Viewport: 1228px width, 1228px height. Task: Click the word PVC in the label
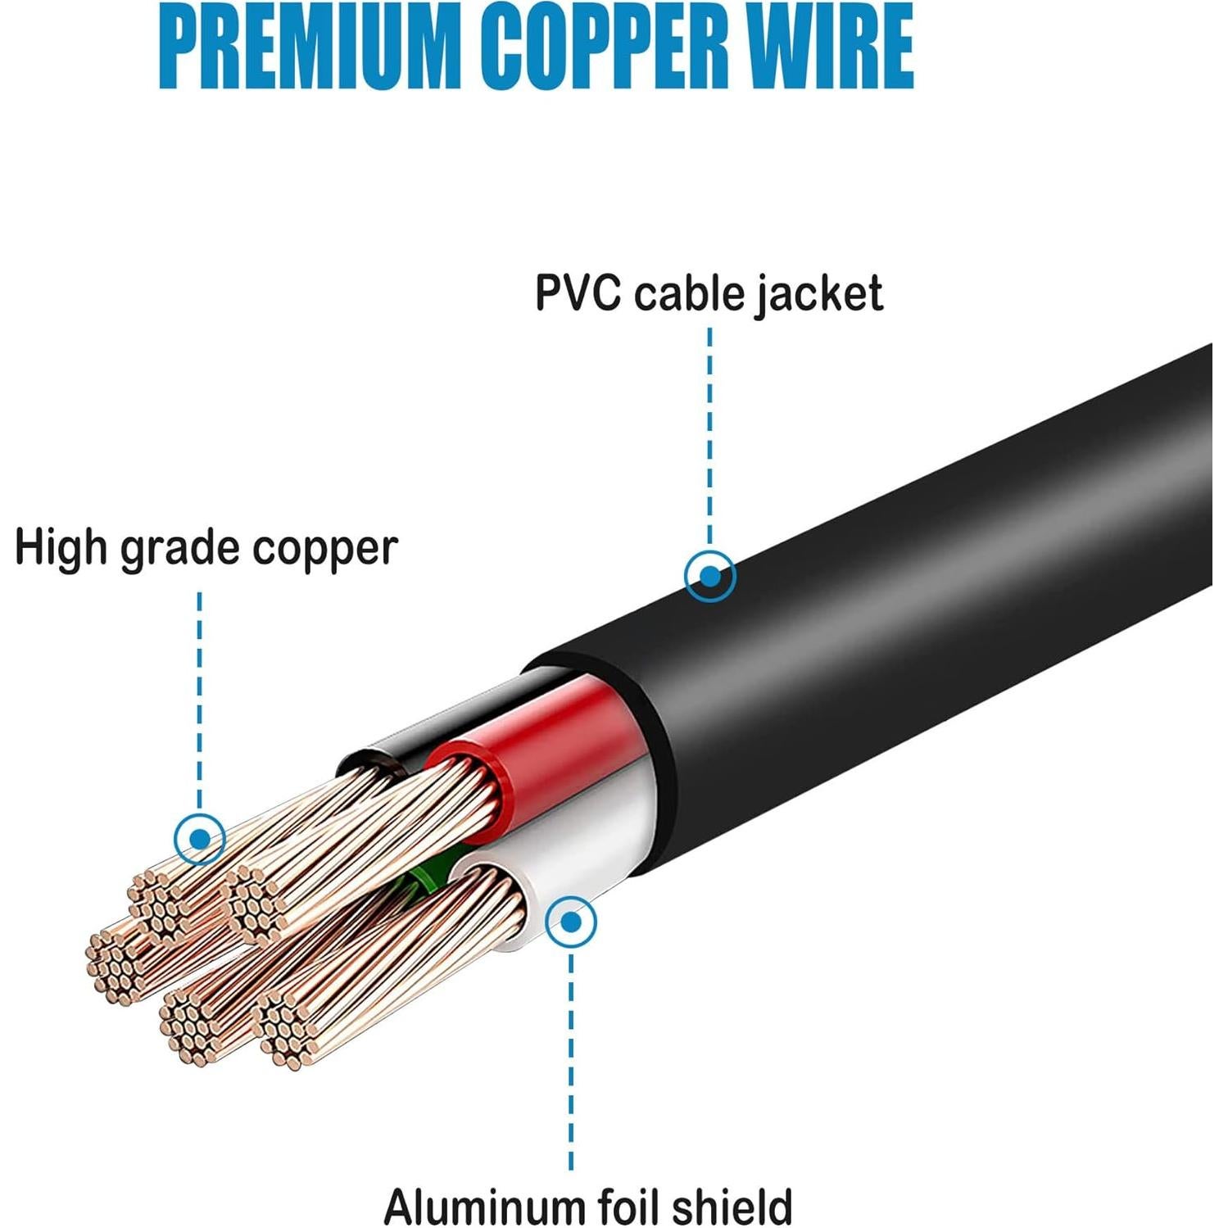[x=578, y=292]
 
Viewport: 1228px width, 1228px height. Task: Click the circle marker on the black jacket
[x=709, y=576]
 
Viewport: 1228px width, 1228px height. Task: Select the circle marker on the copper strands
[x=200, y=839]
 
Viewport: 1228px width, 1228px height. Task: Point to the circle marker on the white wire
[x=572, y=922]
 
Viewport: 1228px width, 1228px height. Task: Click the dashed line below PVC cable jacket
[x=709, y=434]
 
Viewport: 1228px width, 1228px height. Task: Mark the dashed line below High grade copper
[x=200, y=696]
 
